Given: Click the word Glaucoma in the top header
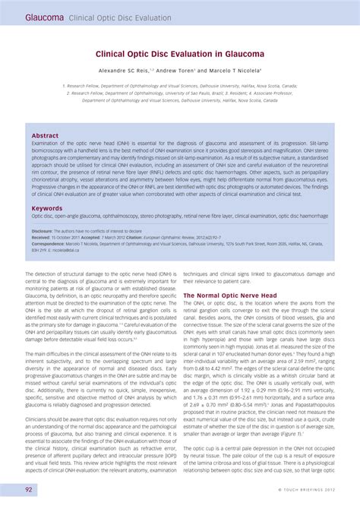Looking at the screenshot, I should [x=44, y=16].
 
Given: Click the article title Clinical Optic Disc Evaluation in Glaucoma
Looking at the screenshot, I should [x=179, y=54].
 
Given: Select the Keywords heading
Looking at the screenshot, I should [x=47, y=207].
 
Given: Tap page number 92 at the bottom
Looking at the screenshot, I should [x=28, y=490].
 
